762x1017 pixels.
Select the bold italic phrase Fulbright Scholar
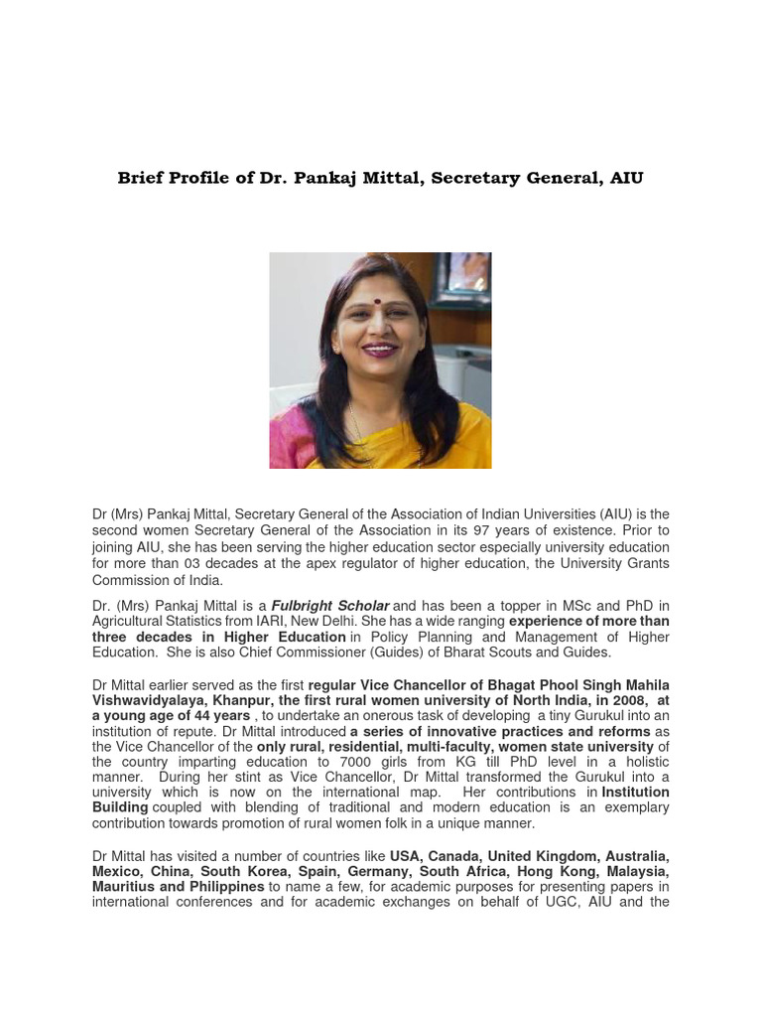(x=330, y=606)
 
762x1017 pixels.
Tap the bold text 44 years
(x=213, y=716)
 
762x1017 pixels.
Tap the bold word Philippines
(x=226, y=886)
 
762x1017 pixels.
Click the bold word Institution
(x=635, y=793)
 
